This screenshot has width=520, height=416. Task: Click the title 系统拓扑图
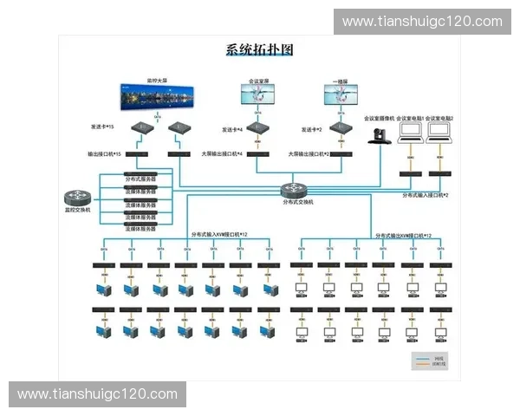click(x=259, y=49)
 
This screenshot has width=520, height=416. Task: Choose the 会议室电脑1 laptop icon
click(x=411, y=132)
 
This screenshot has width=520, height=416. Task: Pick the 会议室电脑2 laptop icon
click(x=439, y=132)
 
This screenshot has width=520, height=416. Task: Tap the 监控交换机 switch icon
click(x=77, y=198)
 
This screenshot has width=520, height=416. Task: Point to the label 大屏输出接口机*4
click(x=223, y=154)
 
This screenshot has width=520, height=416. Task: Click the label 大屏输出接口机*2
click(x=309, y=154)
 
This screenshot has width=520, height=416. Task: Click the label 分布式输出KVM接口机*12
click(x=403, y=235)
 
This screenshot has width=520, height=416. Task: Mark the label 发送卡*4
click(x=231, y=128)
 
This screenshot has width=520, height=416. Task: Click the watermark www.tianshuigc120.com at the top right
click(x=422, y=22)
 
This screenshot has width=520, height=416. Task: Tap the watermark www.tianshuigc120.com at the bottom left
click(x=97, y=394)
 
